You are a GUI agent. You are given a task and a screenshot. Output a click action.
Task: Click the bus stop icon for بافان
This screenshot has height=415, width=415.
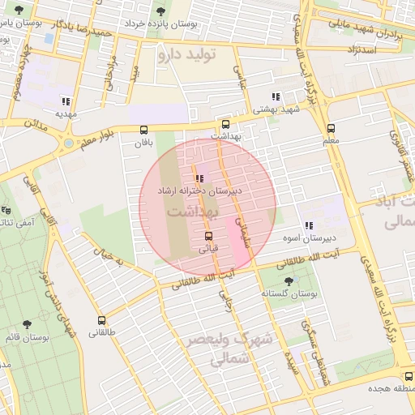(x=144, y=129)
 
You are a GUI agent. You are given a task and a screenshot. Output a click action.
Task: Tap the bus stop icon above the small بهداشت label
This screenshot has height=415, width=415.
(x=225, y=124)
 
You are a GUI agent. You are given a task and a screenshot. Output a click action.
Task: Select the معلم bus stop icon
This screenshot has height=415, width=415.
(x=331, y=128)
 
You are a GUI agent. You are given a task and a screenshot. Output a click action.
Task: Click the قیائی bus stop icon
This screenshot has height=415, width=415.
(x=209, y=235)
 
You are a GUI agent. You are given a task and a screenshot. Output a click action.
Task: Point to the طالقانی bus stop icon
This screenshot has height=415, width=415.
(x=101, y=320)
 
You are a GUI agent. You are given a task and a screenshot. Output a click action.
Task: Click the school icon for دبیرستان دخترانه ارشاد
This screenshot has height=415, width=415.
(x=199, y=178)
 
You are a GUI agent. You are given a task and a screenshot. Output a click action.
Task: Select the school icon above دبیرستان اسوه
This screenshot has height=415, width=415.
(x=308, y=225)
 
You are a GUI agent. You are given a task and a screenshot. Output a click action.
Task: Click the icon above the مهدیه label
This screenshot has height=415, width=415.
(x=65, y=101)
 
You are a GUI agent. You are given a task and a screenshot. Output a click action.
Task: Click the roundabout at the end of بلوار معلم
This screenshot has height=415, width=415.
(x=69, y=144)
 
